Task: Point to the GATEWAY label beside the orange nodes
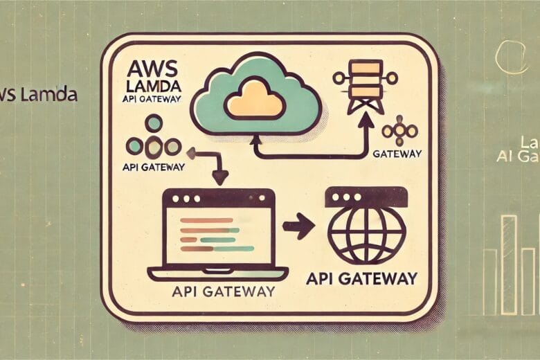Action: (397, 152)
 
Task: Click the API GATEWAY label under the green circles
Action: (154, 166)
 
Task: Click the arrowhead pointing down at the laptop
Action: (221, 178)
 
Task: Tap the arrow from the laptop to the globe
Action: (298, 225)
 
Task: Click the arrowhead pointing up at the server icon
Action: (366, 120)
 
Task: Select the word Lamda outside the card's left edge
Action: (48, 95)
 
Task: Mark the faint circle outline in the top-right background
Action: (512, 57)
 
